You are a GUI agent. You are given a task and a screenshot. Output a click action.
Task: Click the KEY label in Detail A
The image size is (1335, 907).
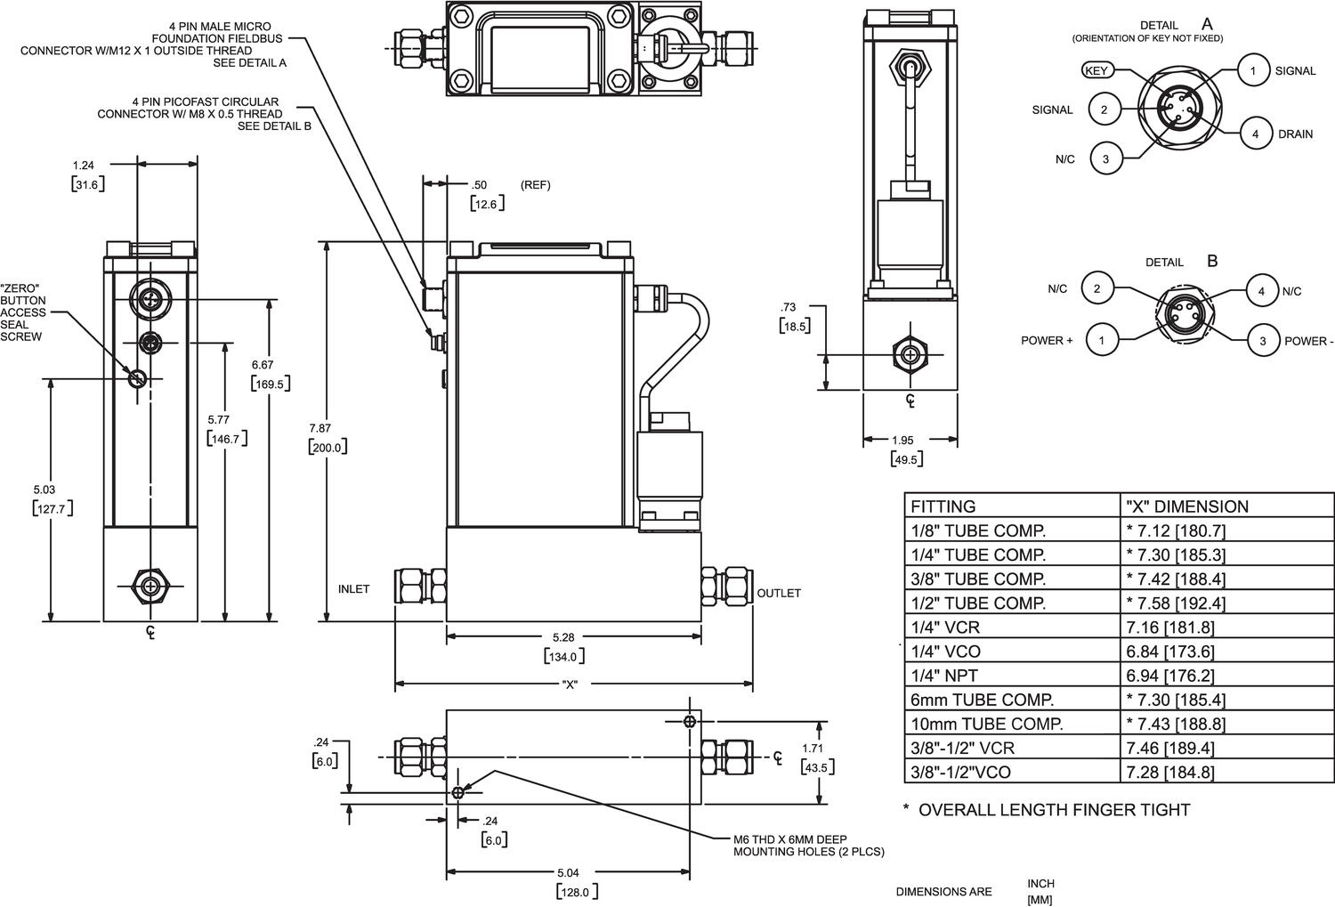(x=1096, y=70)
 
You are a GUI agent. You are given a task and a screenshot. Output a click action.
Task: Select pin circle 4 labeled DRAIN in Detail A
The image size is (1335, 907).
(x=1255, y=134)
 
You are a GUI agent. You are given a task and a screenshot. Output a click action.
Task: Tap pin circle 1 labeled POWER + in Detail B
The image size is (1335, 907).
(x=1102, y=340)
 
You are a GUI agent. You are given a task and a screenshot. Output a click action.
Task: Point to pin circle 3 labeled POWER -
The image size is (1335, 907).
(x=1262, y=340)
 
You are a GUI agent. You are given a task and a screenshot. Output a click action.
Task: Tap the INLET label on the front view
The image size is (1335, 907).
(x=353, y=589)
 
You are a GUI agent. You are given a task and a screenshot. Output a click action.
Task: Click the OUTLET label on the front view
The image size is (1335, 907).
(x=779, y=593)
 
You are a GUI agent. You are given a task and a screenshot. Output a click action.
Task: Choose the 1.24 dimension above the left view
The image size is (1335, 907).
(x=84, y=165)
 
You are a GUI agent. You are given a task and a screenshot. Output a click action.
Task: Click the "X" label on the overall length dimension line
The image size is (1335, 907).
(x=570, y=684)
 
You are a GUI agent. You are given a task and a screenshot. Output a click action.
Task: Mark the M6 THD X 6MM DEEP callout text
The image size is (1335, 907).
(x=790, y=839)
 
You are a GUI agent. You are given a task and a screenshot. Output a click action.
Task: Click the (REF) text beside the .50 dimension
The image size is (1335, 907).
(x=536, y=185)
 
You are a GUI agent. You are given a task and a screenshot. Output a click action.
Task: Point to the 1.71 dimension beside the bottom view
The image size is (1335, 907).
(x=813, y=749)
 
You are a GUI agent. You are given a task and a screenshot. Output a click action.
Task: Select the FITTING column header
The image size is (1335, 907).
(x=943, y=506)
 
